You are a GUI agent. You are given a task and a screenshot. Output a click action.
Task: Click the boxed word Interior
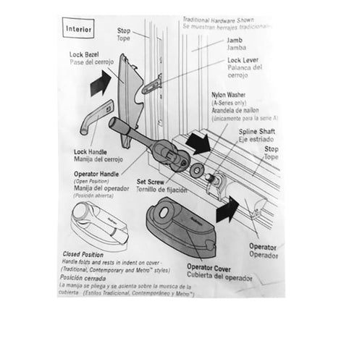point(79,30)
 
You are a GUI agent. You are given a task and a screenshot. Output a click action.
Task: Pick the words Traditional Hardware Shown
point(217,20)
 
